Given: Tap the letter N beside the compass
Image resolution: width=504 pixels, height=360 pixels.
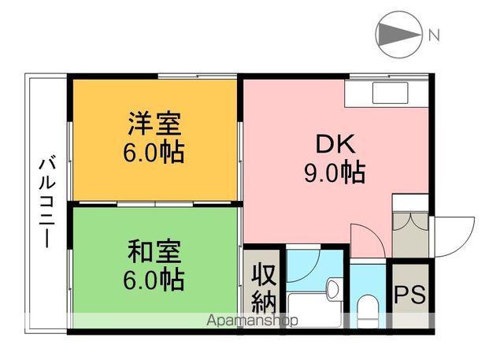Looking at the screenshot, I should coord(433,34).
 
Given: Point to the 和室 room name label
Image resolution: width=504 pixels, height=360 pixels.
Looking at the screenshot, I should coord(155,253).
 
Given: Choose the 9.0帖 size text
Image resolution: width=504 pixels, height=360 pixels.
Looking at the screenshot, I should coord(335,171).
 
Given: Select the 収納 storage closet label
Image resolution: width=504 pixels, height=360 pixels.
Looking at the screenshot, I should coord(262,288).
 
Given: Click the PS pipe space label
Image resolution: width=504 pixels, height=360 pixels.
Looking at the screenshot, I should coord(409,296).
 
